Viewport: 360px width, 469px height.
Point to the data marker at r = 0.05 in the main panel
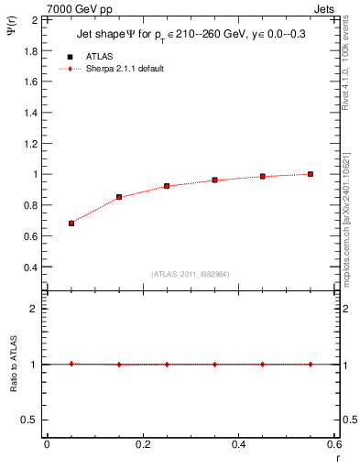click(x=71, y=223)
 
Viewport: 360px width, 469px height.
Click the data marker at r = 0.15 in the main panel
click(x=119, y=197)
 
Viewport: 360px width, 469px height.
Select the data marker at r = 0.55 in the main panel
click(x=311, y=174)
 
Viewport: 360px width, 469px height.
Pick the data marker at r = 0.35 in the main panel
click(x=215, y=180)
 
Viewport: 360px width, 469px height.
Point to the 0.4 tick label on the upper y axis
click(x=30, y=267)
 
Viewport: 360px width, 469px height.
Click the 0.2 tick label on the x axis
click(x=143, y=443)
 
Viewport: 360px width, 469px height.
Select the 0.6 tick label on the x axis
click(x=335, y=443)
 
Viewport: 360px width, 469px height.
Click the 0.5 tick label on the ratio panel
click(x=30, y=420)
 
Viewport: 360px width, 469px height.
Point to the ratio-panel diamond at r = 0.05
click(x=71, y=364)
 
